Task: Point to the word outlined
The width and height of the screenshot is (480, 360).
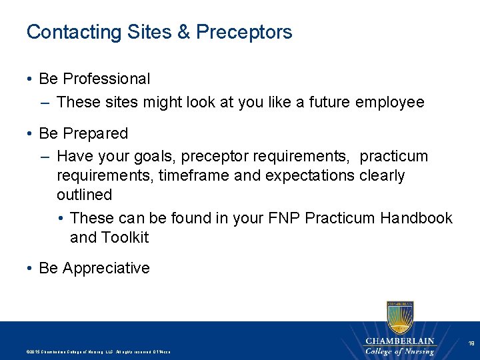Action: [x=84, y=195]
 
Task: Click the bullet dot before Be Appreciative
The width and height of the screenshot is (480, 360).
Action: [x=31, y=268]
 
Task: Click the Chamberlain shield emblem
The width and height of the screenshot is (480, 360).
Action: [x=399, y=317]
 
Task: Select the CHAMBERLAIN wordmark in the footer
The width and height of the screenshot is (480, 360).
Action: [x=399, y=341]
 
